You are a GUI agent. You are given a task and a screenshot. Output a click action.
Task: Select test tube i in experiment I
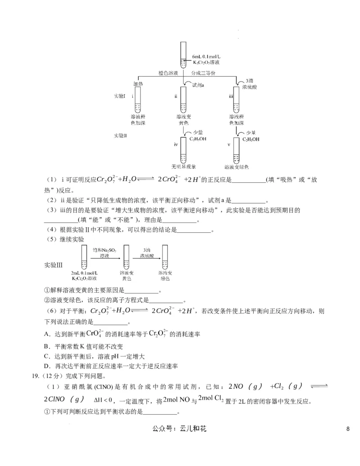(138, 100)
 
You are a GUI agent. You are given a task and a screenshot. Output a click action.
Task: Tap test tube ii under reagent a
(183, 100)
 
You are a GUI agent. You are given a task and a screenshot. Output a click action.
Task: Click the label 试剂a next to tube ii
(198, 85)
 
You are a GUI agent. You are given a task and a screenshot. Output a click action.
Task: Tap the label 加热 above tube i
(138, 84)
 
